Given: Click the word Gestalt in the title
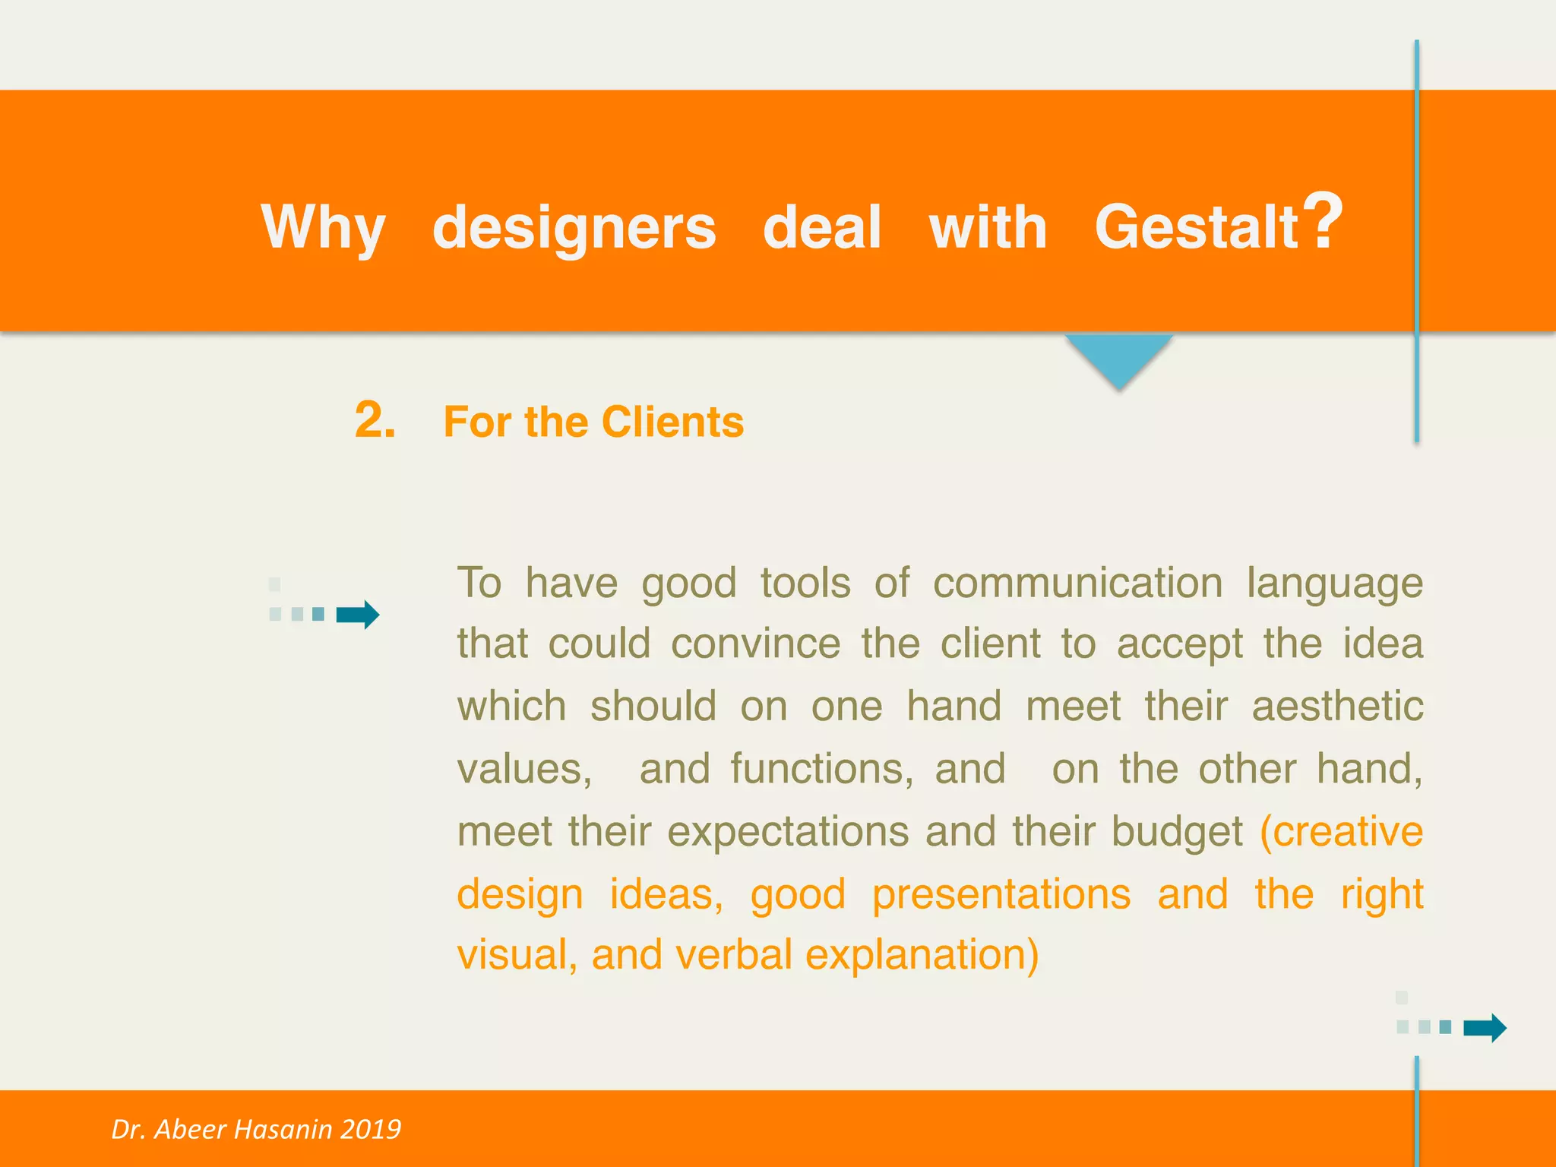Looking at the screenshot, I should tap(1197, 227).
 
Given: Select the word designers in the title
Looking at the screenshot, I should tap(574, 227).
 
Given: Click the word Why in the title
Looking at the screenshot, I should tap(323, 227).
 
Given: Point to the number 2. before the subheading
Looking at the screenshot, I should tap(375, 420).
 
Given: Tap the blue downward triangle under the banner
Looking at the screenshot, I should tap(1118, 357).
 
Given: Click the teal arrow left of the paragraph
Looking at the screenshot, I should tap(358, 614).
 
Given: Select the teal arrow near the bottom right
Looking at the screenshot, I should tap(1485, 1027).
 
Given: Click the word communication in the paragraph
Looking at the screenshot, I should tap(1077, 583).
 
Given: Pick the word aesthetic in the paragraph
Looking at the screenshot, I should tap(1337, 707).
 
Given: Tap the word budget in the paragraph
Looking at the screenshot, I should tap(1177, 831).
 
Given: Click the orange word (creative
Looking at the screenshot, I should tap(1341, 831).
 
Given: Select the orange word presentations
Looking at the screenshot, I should tap(1001, 894).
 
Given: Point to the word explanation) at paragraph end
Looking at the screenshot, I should tap(922, 955).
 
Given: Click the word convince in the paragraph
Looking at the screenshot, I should tap(755, 644).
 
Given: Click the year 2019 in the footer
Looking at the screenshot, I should tap(370, 1129).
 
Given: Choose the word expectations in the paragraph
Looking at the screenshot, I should tap(787, 831).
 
